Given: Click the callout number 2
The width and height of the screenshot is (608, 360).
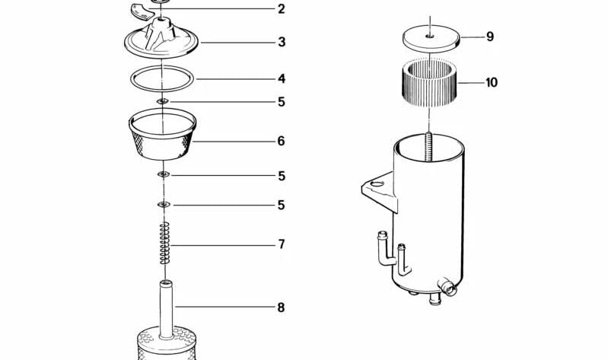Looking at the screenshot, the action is point(282,9).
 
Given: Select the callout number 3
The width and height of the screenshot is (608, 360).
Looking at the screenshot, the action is point(282,42).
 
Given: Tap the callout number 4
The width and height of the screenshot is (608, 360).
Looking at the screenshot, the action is point(282,78).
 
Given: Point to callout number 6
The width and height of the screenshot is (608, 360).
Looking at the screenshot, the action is point(281,141).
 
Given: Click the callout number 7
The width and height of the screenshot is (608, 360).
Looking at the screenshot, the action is point(282,244).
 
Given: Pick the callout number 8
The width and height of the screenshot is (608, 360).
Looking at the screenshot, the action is point(281,307).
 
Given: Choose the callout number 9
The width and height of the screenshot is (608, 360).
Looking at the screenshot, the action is point(490,37).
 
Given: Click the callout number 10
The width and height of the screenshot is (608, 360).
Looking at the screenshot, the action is point(492,82).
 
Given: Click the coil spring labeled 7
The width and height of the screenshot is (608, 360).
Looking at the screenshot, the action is point(165,244).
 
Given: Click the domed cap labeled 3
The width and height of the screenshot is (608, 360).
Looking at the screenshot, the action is point(161,39).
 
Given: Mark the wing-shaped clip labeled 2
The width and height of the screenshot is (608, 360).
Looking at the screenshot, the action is point(142,11).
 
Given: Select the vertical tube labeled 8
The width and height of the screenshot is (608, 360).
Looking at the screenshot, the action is point(166,310).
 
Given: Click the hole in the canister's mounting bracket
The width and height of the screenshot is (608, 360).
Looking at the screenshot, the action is point(377,183).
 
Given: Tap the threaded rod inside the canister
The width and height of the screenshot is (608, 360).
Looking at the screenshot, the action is point(429,148).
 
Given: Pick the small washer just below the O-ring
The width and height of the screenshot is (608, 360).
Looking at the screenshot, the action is point(163,102).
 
